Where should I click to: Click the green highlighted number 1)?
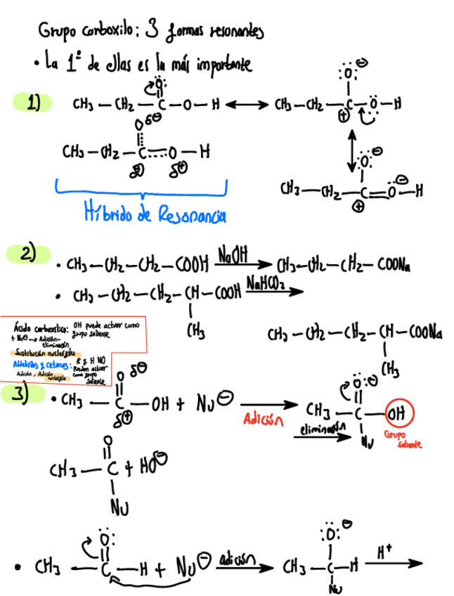pos(32,103)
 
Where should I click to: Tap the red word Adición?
pos(263,420)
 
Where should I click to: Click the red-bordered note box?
pos(73,351)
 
